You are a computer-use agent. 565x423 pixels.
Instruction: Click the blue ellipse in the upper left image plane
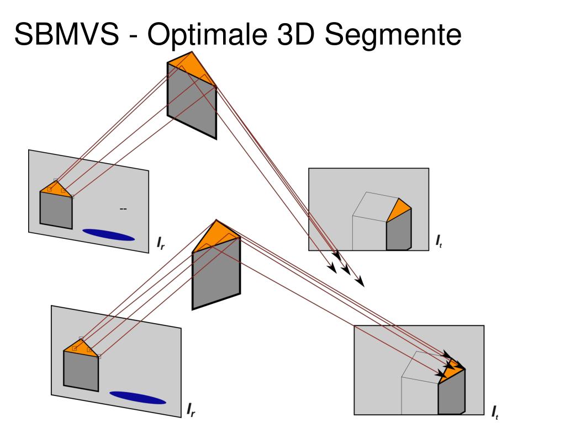coord(109,234)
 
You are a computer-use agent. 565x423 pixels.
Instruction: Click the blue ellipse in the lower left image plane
coord(138,397)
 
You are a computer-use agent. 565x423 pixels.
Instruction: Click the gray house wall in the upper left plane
coord(56,210)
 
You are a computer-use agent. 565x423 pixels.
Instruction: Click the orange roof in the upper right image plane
coord(400,210)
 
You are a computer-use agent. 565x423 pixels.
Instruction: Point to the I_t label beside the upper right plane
coord(439,240)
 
